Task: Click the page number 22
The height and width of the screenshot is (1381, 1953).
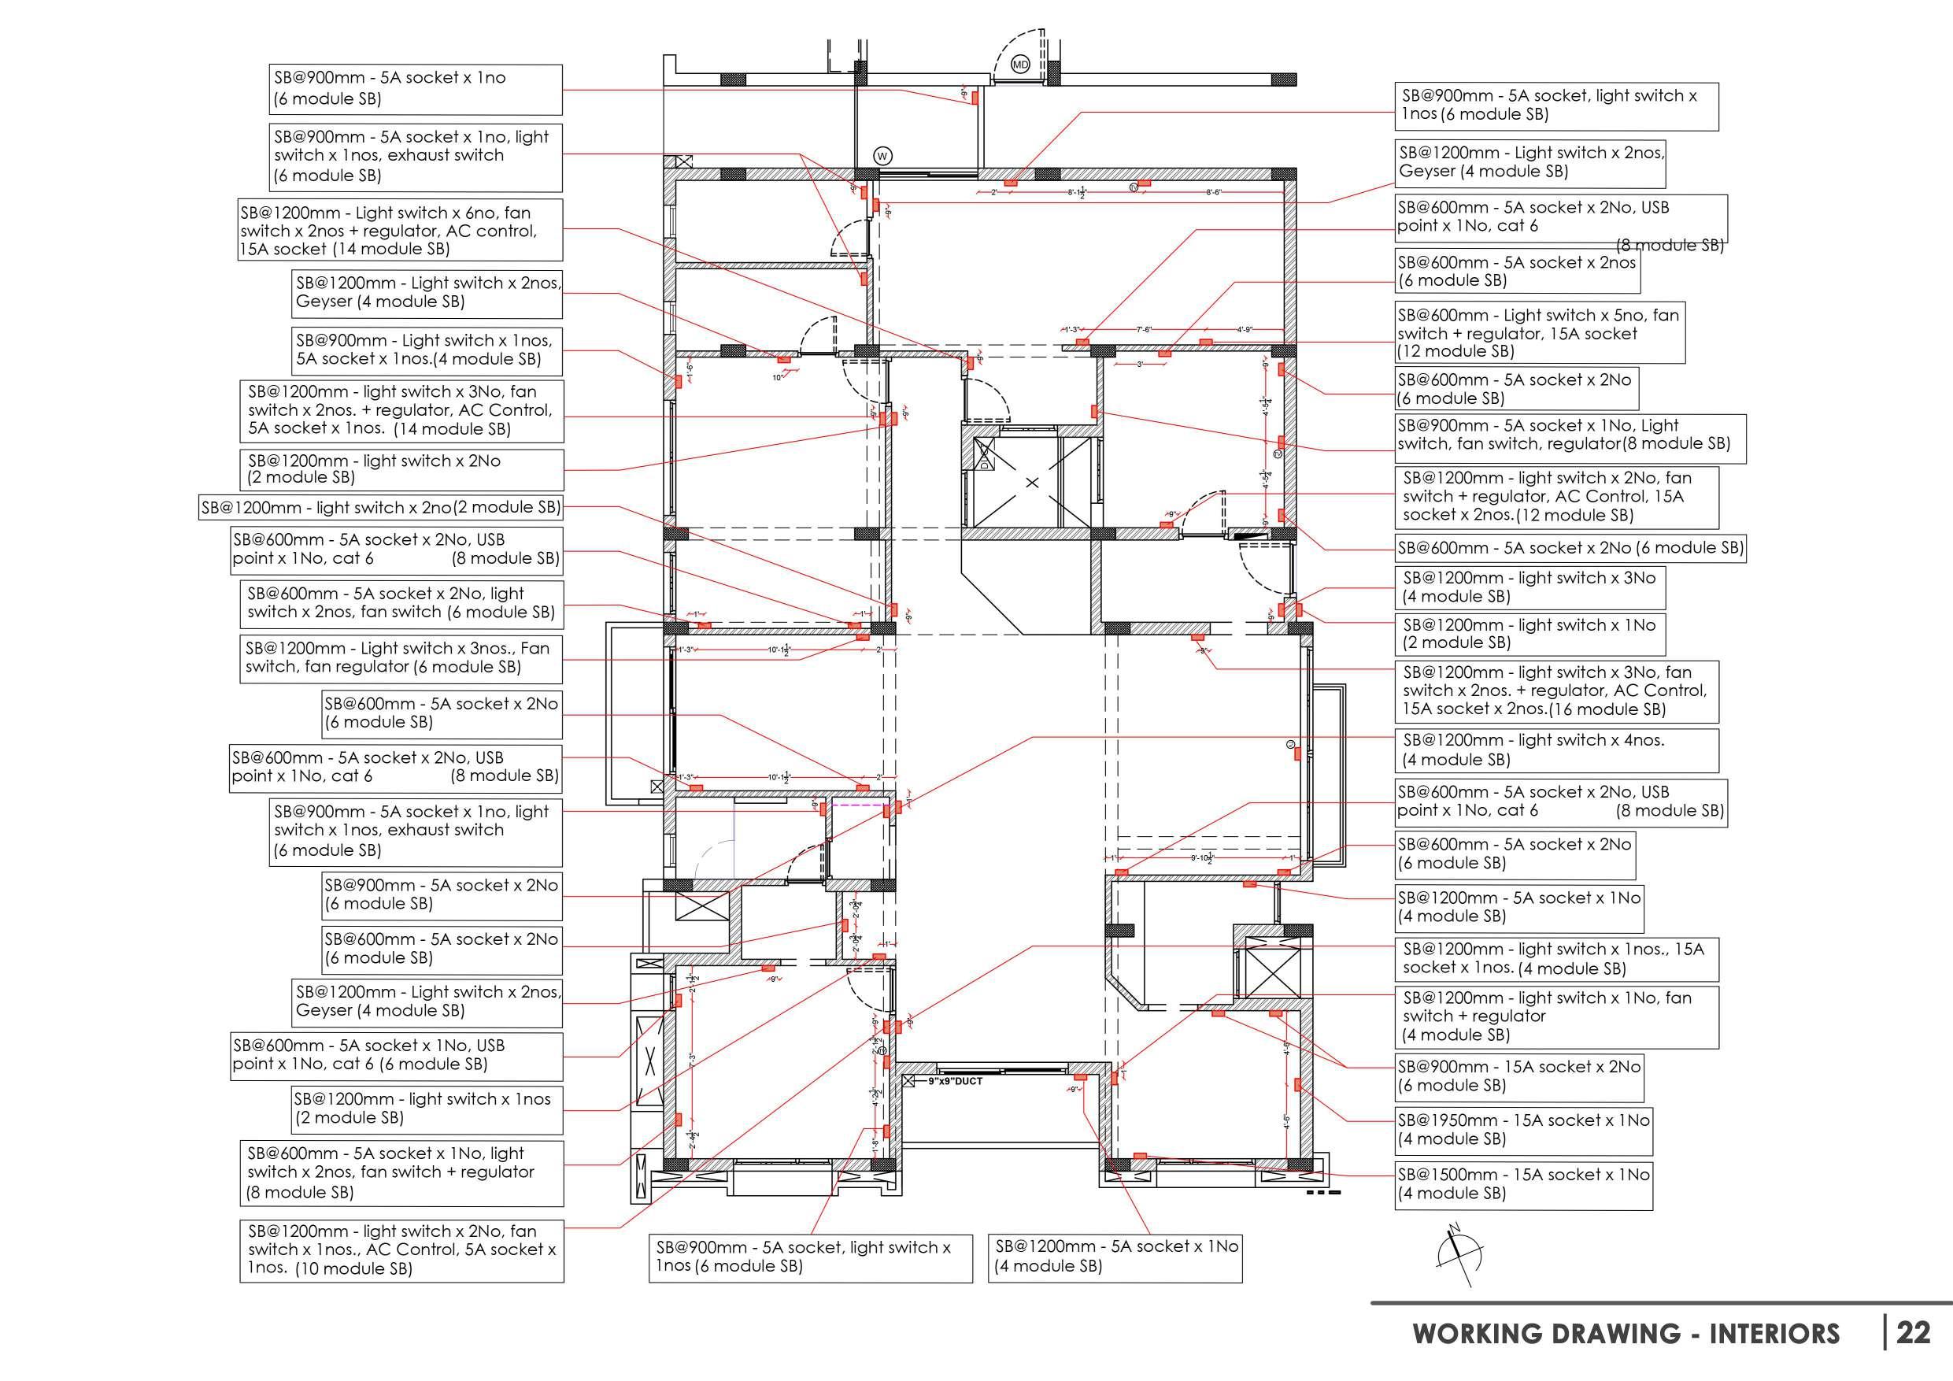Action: coord(1913,1331)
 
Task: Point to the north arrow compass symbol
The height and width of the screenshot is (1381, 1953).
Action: coord(1459,1253)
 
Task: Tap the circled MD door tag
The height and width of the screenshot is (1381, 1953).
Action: coord(1020,65)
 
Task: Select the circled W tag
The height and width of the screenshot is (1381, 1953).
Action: coord(883,157)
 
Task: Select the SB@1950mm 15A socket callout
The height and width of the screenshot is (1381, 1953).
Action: coord(1522,1129)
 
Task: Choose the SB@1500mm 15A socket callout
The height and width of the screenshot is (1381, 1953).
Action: coord(1522,1183)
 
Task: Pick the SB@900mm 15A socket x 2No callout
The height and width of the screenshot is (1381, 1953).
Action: coord(1518,1076)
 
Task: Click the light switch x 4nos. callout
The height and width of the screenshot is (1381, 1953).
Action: coord(1555,750)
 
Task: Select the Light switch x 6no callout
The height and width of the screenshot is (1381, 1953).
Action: coord(400,231)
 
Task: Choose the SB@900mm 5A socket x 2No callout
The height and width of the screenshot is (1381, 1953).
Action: coord(442,894)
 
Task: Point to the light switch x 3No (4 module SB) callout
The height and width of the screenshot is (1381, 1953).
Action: coord(1529,587)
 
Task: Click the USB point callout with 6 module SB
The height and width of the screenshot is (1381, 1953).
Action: coord(398,1055)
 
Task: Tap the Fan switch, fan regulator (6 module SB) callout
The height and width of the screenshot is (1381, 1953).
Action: coord(401,657)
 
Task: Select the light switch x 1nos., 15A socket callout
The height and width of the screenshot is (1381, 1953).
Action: coord(1555,958)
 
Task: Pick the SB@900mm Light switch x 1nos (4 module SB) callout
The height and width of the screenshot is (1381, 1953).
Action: coord(427,350)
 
